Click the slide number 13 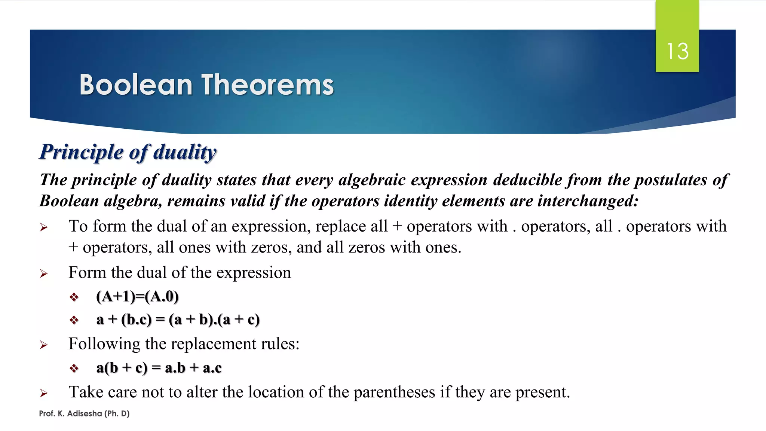[677, 51]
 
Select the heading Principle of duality [128, 152]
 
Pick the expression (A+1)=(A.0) [137, 296]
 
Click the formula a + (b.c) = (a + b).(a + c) [178, 320]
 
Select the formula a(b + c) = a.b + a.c [159, 368]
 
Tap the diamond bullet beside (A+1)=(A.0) [74, 297]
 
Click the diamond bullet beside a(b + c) [74, 369]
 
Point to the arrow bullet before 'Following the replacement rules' [44, 345]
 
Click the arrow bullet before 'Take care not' [44, 393]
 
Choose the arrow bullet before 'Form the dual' [44, 273]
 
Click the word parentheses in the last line [394, 392]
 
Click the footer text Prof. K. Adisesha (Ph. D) [84, 413]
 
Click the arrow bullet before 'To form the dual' [44, 227]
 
